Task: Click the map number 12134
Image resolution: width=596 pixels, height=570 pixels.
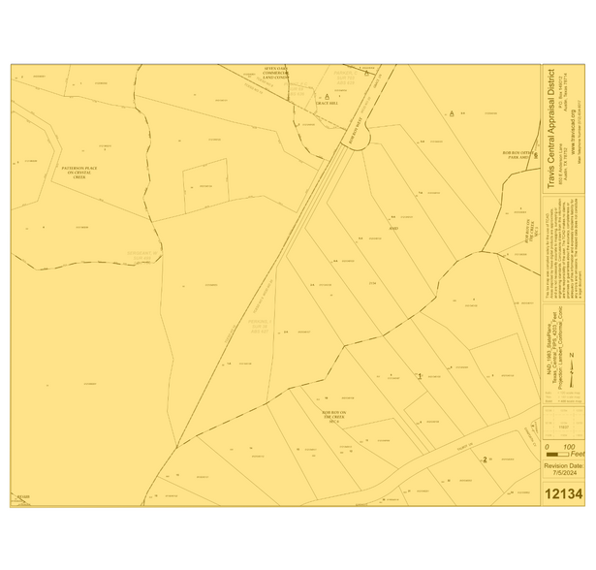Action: [563, 493]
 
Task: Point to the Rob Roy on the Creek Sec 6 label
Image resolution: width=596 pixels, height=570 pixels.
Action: [333, 418]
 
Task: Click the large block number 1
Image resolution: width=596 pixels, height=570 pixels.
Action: [419, 375]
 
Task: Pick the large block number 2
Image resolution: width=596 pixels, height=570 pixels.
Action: [484, 459]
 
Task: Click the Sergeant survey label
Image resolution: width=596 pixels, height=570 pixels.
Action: [142, 255]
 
